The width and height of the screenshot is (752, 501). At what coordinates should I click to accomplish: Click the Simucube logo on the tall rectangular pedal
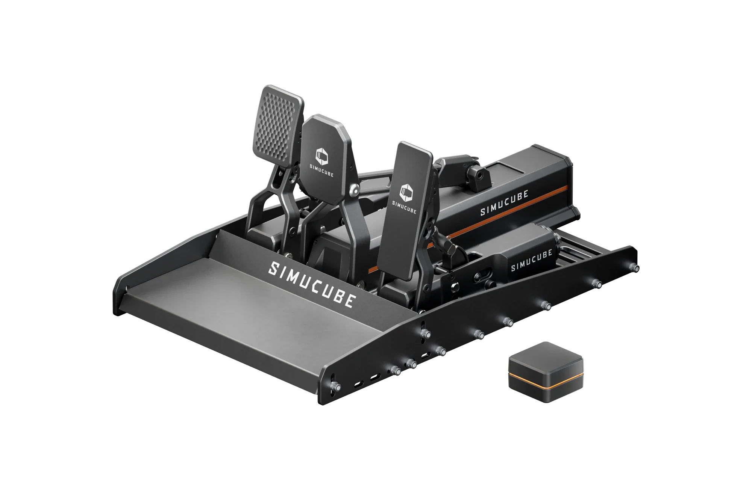coord(406,193)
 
